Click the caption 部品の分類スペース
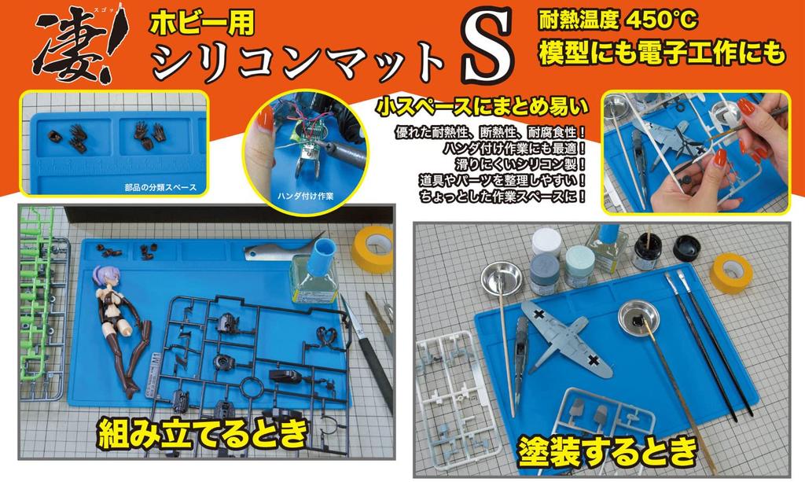[160, 188]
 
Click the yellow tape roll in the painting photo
[731, 272]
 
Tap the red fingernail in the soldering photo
[265, 120]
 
